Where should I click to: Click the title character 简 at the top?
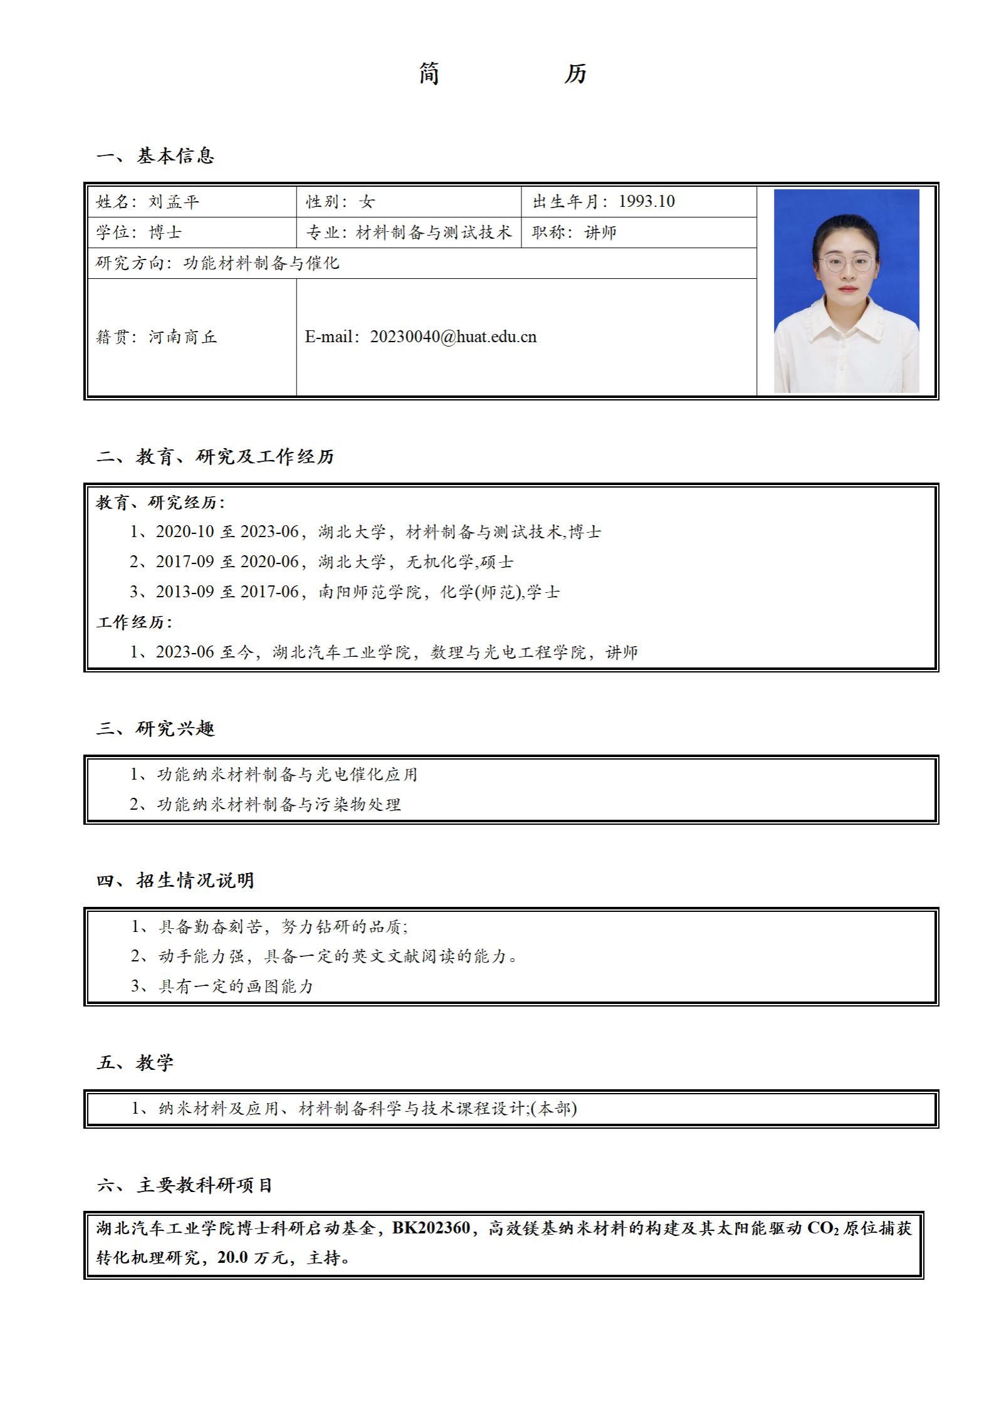429,74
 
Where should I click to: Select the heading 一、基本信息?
155,156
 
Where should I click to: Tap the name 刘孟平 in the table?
174,202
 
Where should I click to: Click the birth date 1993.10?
646,201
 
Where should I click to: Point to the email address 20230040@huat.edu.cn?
453,337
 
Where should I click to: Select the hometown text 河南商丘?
182,337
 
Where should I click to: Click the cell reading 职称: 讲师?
574,233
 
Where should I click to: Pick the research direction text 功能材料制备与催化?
261,263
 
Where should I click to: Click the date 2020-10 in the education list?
185,532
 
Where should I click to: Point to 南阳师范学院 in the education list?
370,592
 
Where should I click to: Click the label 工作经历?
134,622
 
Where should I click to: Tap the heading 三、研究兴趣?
155,729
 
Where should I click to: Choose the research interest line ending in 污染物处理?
278,805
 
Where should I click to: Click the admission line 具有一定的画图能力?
236,986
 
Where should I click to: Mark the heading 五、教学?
135,1063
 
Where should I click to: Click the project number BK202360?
431,1228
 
